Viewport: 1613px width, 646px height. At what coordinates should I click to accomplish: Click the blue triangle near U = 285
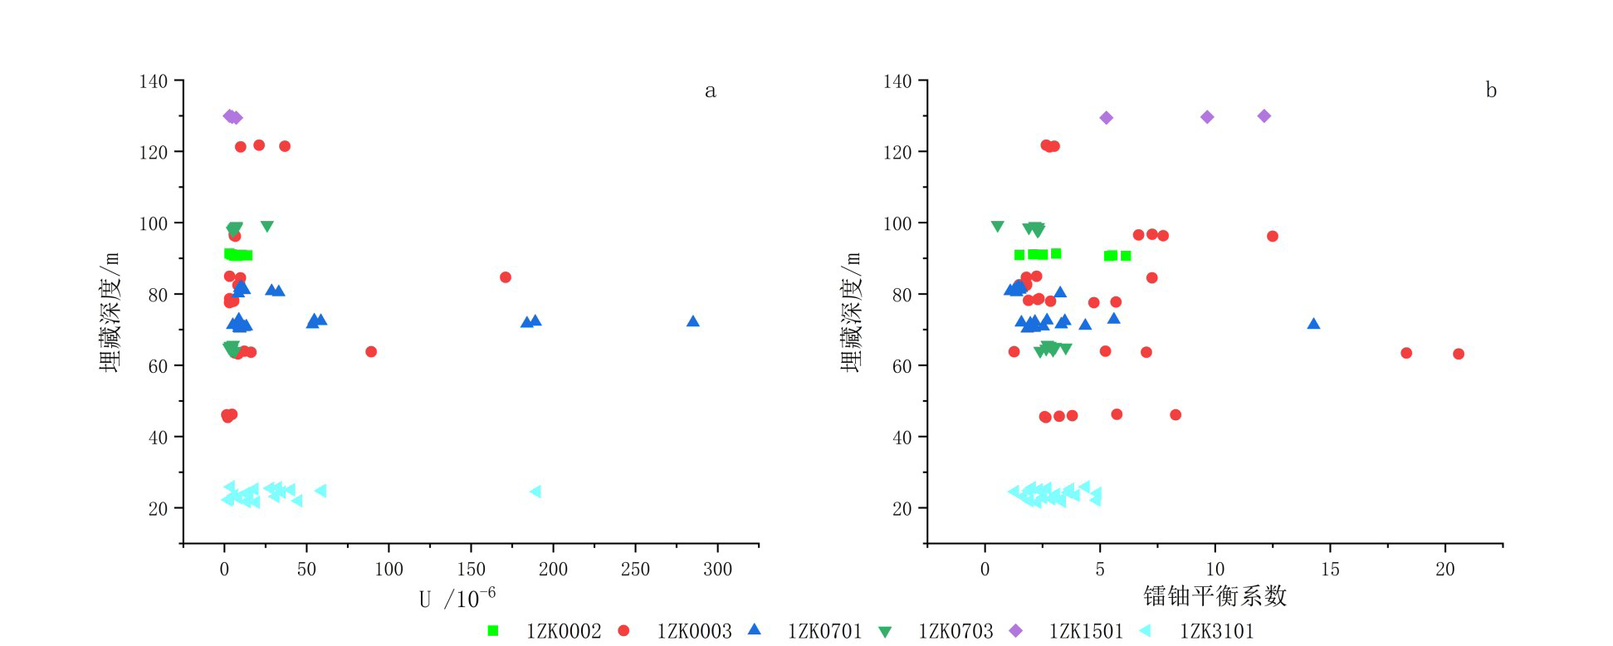click(693, 321)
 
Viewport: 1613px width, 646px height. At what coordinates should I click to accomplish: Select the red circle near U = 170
click(506, 277)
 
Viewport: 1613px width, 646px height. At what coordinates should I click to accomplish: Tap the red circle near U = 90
click(371, 352)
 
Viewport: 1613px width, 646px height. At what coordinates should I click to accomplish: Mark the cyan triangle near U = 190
click(535, 492)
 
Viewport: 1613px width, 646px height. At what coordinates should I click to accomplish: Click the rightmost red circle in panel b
click(1459, 354)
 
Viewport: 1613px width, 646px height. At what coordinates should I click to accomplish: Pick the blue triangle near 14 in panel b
click(1313, 324)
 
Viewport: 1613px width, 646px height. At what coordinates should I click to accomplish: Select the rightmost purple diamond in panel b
click(1264, 116)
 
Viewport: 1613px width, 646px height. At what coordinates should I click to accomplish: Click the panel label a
click(710, 91)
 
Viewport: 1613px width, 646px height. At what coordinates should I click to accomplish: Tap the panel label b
click(1491, 91)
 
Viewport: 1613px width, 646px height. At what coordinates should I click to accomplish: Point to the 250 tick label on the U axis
click(636, 570)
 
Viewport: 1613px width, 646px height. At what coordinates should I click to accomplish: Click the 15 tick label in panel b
click(1330, 570)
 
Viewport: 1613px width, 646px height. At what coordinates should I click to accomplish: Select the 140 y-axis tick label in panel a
click(153, 81)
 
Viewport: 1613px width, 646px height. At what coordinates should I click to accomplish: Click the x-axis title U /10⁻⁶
click(457, 598)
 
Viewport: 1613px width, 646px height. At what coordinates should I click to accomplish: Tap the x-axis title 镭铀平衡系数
click(1215, 596)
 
